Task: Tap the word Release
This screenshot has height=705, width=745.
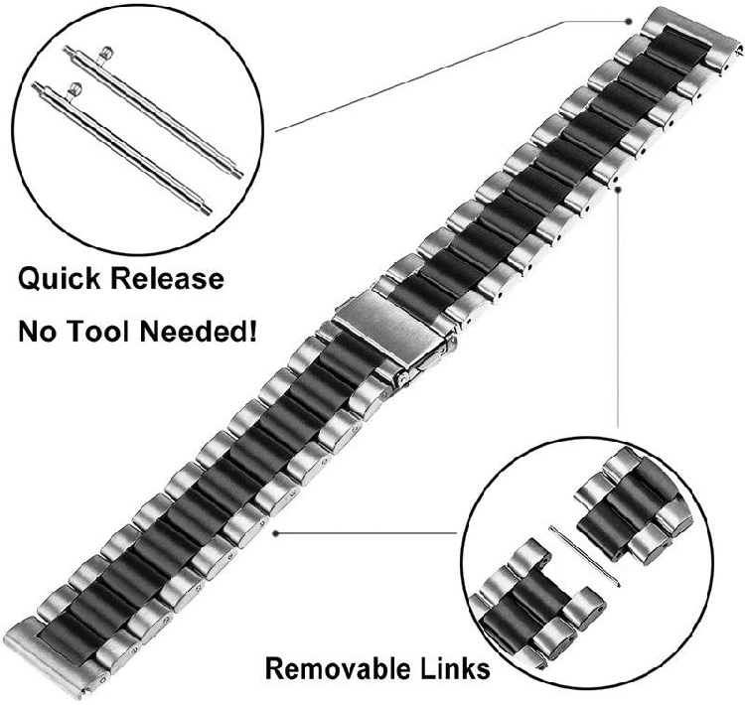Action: pyautogui.click(x=170, y=279)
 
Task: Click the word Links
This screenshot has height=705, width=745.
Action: pyautogui.click(x=452, y=667)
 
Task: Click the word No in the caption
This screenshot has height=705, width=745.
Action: pyautogui.click(x=36, y=331)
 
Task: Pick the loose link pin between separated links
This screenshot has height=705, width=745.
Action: pyautogui.click(x=586, y=557)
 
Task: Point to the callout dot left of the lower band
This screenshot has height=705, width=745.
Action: pyautogui.click(x=275, y=531)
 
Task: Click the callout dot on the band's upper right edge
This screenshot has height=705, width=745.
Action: pyautogui.click(x=619, y=186)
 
